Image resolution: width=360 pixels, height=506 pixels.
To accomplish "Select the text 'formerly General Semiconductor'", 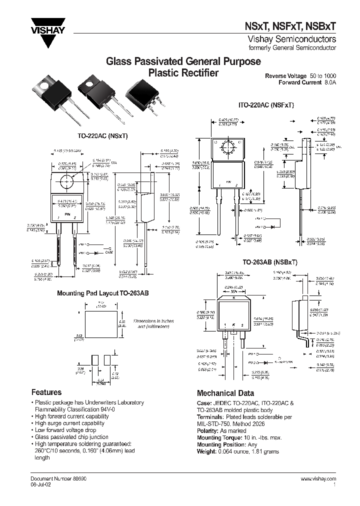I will [x=299, y=48].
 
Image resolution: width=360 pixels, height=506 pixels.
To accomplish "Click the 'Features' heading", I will [x=46, y=392].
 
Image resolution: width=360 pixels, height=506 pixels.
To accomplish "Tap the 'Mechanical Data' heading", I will [x=225, y=393].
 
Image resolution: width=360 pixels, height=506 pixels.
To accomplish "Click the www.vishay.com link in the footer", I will [x=318, y=479].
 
